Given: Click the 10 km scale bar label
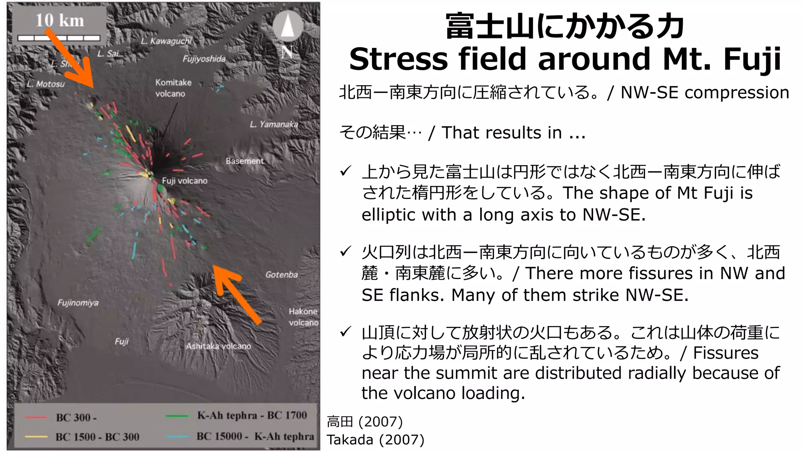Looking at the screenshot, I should tap(60, 20).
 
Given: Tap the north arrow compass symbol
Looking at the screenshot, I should tap(288, 26).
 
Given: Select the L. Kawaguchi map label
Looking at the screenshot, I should tap(166, 41).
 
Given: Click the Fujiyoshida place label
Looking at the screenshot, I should tap(204, 59).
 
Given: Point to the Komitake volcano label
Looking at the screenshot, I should tap(173, 88).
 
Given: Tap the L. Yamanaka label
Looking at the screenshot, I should tap(274, 124).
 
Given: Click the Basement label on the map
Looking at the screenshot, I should tap(245, 161).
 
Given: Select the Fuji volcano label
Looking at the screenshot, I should tap(185, 181).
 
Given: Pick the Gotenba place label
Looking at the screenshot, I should tap(281, 275).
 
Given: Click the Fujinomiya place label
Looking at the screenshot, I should tap(78, 303).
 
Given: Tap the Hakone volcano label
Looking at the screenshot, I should tap(303, 317).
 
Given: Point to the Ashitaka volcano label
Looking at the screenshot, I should tap(218, 346).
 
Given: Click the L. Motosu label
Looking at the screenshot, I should tap(46, 84).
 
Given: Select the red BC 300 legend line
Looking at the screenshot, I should tap(35, 417).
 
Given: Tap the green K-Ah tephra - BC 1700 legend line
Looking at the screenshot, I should tap(177, 416).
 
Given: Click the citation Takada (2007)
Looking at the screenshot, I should tap(375, 440).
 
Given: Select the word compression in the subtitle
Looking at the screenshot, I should tap(736, 93).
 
